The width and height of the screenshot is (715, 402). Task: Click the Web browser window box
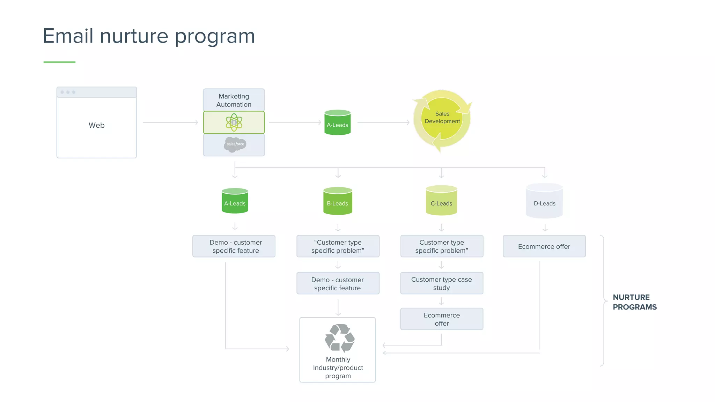(x=96, y=123)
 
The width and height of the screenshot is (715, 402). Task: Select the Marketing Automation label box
(x=234, y=100)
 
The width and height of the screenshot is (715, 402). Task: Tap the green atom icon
(x=234, y=122)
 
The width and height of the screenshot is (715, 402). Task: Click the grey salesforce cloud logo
(x=235, y=144)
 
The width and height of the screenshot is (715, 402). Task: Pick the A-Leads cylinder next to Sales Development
(x=337, y=123)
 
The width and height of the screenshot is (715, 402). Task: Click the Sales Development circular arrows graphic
(x=442, y=119)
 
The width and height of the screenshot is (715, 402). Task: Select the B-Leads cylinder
(x=338, y=201)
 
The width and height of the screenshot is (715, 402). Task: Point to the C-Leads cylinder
(x=441, y=201)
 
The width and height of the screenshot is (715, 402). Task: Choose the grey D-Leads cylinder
(x=544, y=201)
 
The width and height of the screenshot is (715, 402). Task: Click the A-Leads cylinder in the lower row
(x=235, y=201)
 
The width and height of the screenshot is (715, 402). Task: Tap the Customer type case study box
(x=442, y=283)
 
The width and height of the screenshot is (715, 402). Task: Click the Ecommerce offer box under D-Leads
(x=544, y=246)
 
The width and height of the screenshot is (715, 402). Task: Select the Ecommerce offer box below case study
(x=442, y=319)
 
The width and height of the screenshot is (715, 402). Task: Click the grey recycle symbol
(x=339, y=338)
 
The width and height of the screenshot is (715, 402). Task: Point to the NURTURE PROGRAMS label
(x=634, y=302)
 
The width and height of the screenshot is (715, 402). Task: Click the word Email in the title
(x=68, y=36)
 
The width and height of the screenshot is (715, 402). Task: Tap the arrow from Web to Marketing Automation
(x=170, y=122)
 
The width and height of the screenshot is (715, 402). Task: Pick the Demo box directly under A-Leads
(x=234, y=246)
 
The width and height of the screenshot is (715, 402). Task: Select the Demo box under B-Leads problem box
(x=338, y=284)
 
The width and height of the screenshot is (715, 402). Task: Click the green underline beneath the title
(x=59, y=62)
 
